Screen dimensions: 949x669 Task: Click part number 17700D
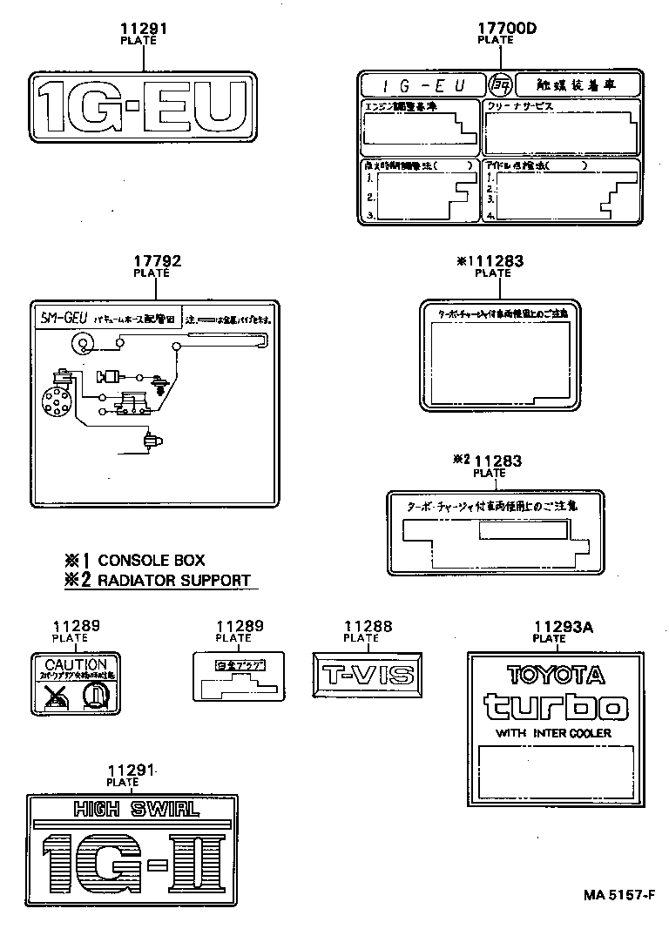pos(506,28)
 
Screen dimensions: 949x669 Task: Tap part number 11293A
pos(549,626)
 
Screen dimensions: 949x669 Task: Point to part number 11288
pos(368,626)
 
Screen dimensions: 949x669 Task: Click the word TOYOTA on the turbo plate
pos(555,675)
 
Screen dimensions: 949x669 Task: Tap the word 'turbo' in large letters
pos(555,705)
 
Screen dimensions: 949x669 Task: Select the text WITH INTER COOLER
pos(554,733)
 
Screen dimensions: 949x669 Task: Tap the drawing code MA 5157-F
pos(619,894)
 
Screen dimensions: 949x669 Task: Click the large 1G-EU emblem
pos(144,107)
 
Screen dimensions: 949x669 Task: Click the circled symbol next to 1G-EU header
pos(499,84)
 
